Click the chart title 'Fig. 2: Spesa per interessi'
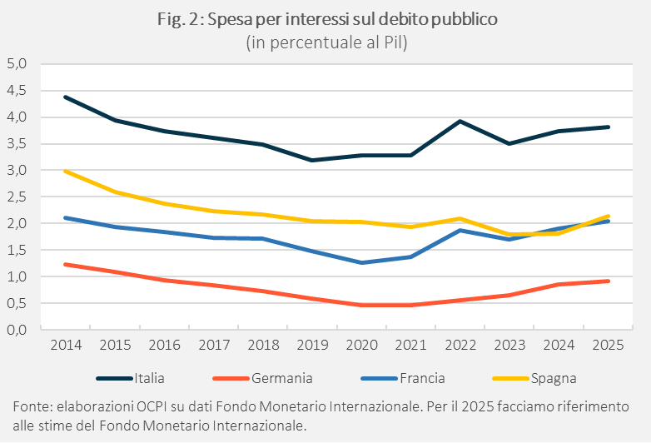coord(325,21)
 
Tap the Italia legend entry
coord(149,378)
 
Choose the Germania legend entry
coord(281,378)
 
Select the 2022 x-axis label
coord(460,344)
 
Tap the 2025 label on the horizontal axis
coord(609,344)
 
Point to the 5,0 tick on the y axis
coord(17,63)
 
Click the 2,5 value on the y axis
coord(17,197)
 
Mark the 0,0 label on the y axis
coord(17,330)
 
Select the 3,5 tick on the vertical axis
coord(17,143)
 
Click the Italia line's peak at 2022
coord(460,121)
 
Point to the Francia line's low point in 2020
coord(360,262)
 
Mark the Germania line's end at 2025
coord(609,281)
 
